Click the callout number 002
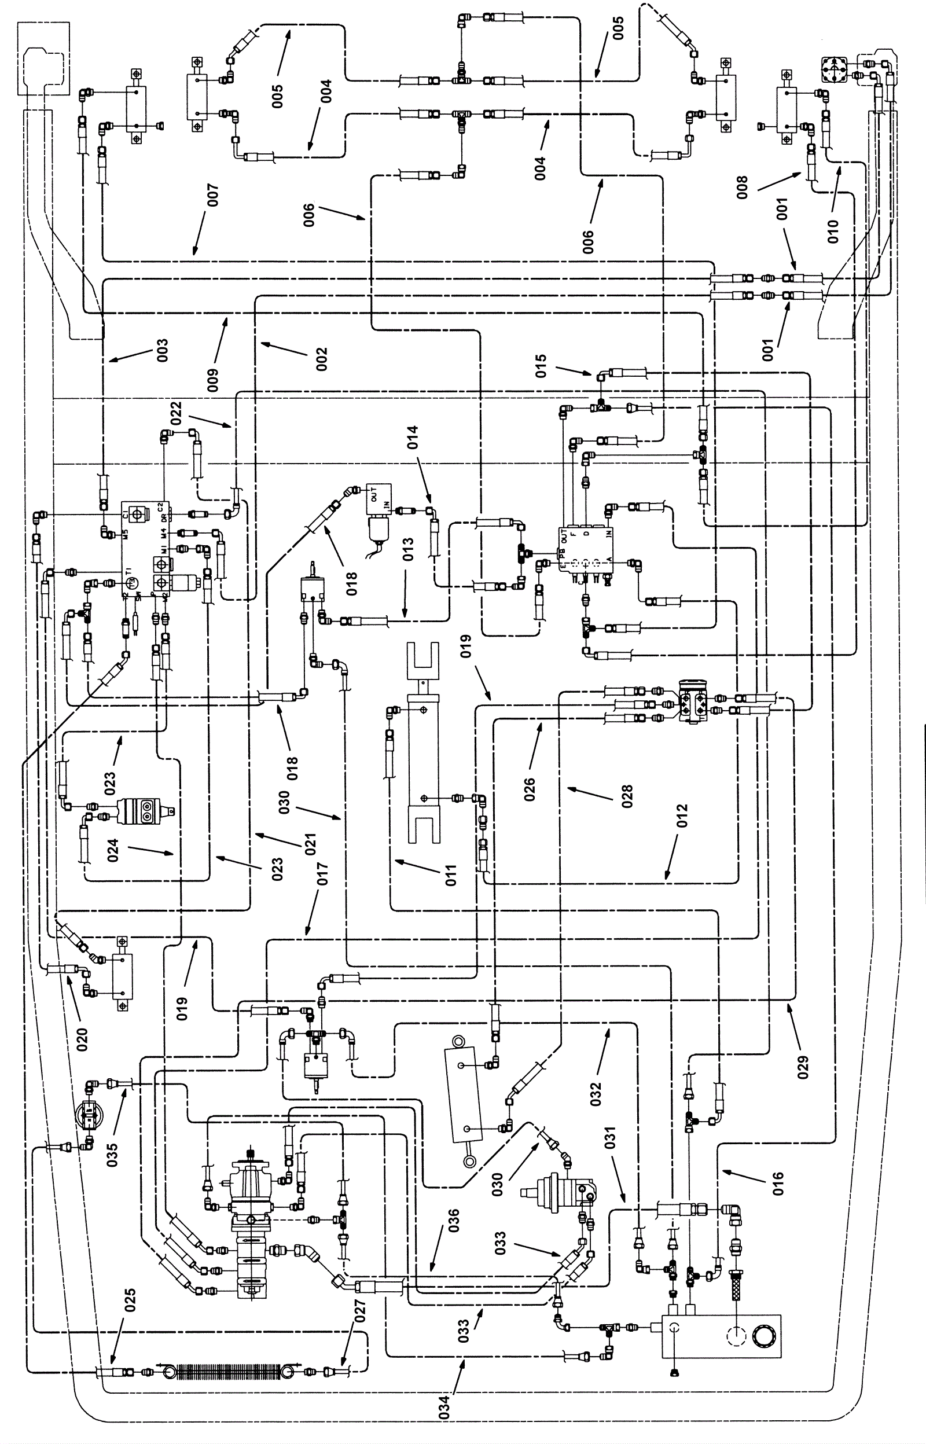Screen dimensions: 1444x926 [322, 359]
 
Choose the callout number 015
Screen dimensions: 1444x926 [541, 367]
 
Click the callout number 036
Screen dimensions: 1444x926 [454, 1221]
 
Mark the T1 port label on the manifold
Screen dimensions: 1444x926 [129, 571]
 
